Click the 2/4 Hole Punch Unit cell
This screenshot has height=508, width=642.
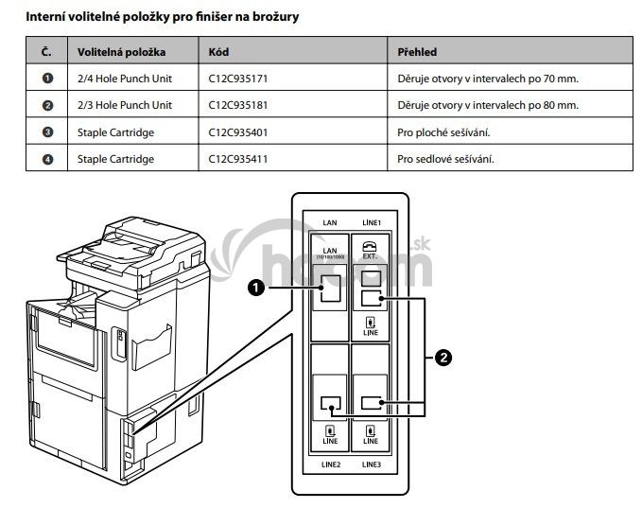pos(125,79)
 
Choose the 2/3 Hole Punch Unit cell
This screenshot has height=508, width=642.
pos(125,105)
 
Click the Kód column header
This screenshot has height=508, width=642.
pos(219,51)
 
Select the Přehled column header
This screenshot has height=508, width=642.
pos(417,51)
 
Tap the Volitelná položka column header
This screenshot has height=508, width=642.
pos(120,51)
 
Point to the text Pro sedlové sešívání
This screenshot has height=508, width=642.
pos(446,158)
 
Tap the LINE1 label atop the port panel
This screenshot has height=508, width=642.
pos(371,222)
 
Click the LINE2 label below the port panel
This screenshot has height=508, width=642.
pos(330,465)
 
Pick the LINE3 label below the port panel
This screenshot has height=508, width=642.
pos(371,465)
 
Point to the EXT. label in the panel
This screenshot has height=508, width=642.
pos(371,255)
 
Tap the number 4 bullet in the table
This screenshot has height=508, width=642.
pos(47,158)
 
